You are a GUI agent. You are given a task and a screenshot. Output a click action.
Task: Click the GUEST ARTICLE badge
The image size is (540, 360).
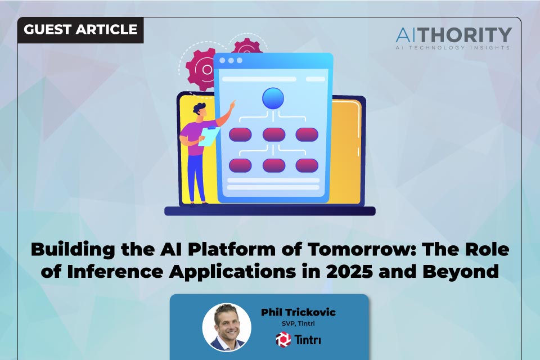(x=80, y=30)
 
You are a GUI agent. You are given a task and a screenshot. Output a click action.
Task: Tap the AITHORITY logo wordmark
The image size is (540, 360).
(x=453, y=35)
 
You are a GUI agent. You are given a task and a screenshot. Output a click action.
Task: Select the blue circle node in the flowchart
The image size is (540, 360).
(x=273, y=98)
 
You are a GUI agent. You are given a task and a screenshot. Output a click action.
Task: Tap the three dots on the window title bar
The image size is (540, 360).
(x=231, y=60)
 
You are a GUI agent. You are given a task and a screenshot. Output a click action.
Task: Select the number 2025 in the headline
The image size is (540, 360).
(x=388, y=271)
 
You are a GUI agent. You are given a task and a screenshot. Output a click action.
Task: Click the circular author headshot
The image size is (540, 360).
(x=227, y=327)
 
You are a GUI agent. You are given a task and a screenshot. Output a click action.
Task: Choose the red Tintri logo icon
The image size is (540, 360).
(x=282, y=339)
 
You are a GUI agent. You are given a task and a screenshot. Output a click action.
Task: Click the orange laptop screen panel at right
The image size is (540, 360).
(x=348, y=152)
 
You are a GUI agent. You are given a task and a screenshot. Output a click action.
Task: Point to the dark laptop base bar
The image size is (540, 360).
(x=270, y=211)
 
